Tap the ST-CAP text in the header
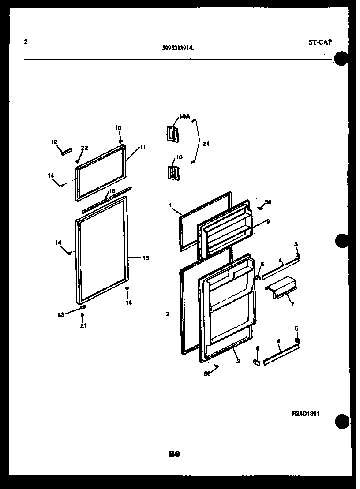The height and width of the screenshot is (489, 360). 320,42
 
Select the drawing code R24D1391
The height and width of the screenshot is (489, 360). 306,414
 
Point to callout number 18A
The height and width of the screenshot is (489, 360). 184,116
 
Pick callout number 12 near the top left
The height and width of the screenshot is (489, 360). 54,142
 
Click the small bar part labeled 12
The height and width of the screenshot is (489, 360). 66,152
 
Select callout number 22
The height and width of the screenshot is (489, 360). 84,148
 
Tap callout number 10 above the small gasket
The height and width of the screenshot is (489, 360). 118,128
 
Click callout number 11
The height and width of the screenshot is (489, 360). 143,147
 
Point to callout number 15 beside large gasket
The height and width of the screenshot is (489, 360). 146,258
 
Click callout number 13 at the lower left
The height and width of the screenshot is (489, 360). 60,314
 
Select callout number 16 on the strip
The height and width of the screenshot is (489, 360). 112,191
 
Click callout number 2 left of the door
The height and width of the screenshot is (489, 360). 168,314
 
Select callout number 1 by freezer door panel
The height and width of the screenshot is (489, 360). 170,205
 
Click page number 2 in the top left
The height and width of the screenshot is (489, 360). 26,42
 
